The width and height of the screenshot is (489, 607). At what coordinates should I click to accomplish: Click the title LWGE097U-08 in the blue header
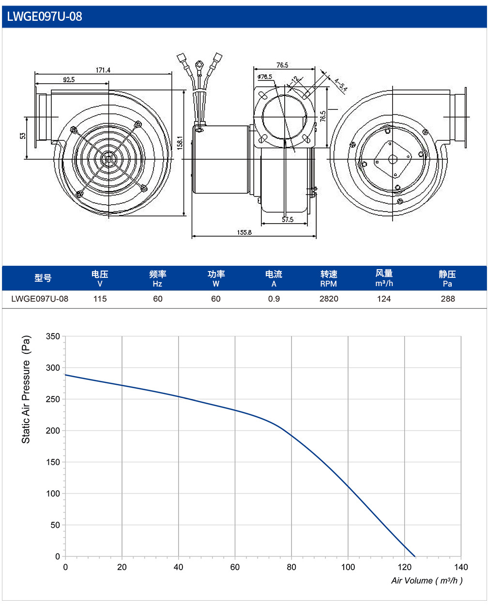pos(45,16)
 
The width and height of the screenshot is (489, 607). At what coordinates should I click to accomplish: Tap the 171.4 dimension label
pos(103,70)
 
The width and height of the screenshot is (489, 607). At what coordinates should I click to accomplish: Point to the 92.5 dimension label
pos(69,80)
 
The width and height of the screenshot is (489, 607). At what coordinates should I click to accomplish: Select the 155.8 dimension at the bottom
pos(244,232)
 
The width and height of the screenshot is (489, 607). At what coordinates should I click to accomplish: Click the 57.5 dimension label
pos(288,219)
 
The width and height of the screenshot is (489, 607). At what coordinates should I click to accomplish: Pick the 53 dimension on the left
pos(23,136)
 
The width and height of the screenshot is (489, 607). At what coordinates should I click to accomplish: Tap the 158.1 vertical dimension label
pos(180,142)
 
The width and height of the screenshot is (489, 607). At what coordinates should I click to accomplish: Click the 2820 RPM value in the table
pos(329,299)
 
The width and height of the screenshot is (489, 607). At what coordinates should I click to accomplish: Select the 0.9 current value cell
pos(274,299)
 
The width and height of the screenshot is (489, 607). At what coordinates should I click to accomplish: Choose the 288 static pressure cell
pos(448,299)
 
